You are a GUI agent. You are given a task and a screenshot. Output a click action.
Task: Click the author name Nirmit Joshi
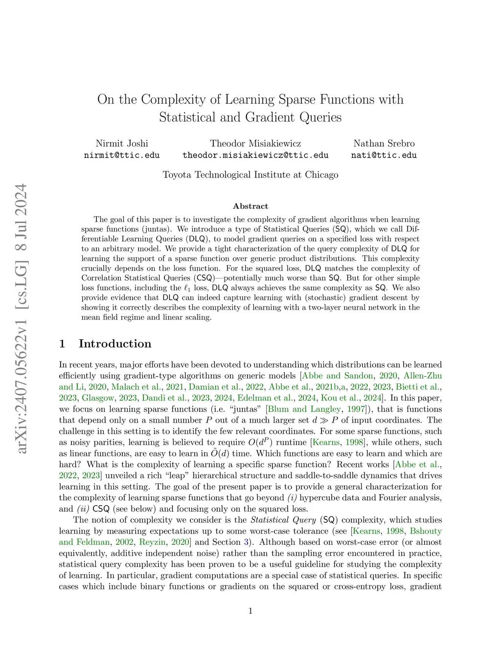122,143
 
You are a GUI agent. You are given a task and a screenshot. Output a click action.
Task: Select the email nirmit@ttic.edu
122,155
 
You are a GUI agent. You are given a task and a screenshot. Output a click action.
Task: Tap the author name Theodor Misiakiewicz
255,143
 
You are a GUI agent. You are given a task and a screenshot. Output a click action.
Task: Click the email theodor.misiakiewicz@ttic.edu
255,155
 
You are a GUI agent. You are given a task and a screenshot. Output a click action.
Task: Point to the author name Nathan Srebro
384,143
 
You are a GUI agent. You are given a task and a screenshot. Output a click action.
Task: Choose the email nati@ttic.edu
384,155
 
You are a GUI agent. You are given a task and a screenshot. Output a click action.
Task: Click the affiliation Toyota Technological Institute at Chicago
250,175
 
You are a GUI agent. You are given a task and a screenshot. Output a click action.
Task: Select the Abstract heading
250,206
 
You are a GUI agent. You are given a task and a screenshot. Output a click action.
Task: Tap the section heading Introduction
115,343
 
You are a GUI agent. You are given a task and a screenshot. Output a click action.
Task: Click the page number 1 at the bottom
250,610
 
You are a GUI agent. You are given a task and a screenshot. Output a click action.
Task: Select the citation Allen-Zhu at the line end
423,376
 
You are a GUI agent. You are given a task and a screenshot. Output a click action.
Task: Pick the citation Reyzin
152,542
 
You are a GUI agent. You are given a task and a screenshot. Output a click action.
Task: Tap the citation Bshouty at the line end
426,531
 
